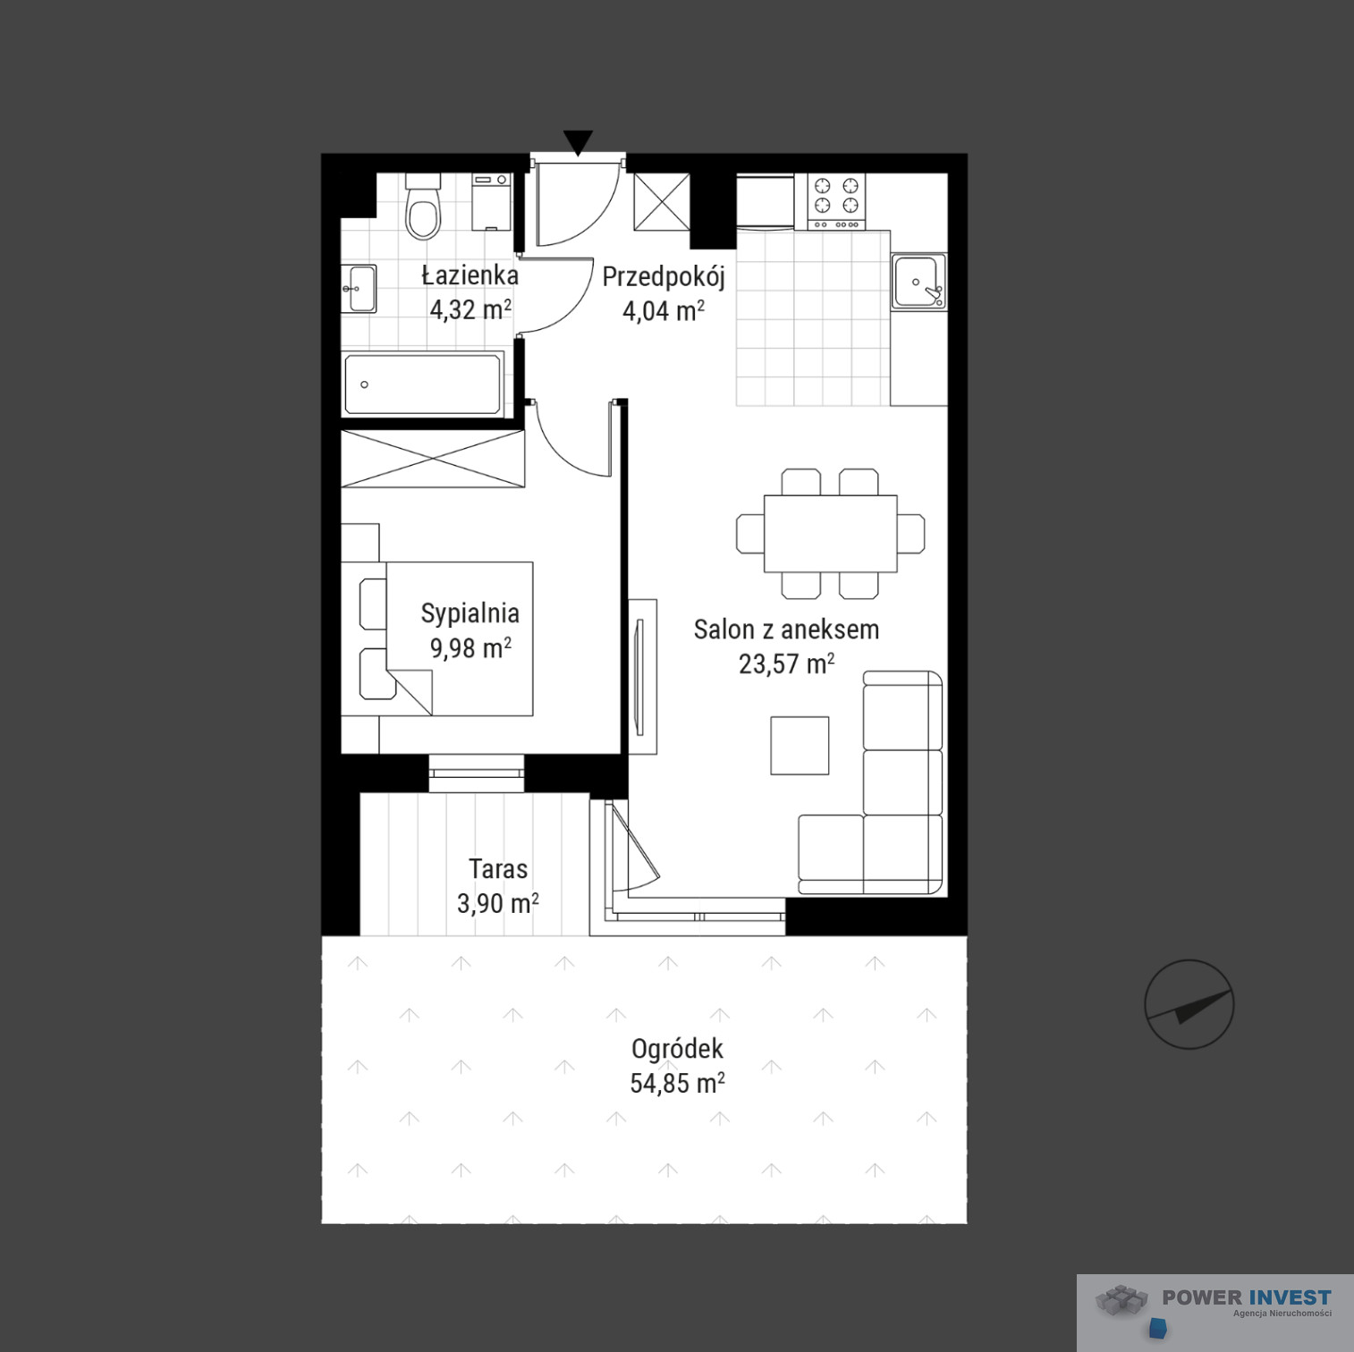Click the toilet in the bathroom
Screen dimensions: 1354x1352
pos(423,207)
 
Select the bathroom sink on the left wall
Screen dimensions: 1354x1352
pos(360,288)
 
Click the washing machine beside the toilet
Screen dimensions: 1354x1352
pos(490,201)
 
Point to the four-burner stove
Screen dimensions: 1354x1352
pos(837,201)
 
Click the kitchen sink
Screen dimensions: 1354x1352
pos(918,281)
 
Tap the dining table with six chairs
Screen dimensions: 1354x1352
pos(830,534)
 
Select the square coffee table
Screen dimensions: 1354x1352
pos(800,745)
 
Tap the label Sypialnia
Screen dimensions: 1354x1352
pos(470,613)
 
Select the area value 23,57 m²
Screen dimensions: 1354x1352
pos(786,664)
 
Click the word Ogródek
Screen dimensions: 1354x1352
pos(677,1049)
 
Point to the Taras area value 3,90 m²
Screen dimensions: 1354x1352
pos(497,903)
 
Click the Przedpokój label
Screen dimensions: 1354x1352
pos(663,277)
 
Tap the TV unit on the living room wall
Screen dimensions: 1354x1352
pos(642,677)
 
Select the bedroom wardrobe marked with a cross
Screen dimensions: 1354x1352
pos(433,459)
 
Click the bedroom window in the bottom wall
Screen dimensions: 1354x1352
pos(476,773)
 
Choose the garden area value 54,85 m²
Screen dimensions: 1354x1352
pos(677,1084)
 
